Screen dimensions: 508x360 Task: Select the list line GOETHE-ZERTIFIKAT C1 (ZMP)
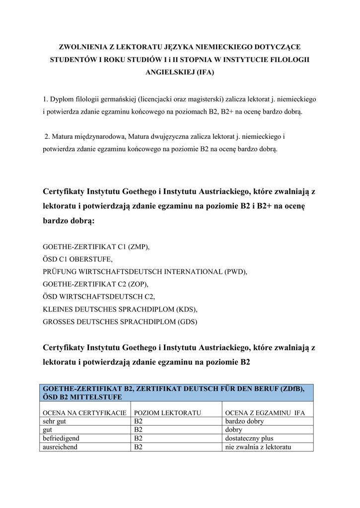96,247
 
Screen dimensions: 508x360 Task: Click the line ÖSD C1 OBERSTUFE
78,259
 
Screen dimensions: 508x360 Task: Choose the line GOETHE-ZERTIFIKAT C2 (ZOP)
96,284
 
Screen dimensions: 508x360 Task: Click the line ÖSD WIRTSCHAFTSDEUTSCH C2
99,297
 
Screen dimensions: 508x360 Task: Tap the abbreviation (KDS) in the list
187,309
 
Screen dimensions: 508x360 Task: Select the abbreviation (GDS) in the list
186,322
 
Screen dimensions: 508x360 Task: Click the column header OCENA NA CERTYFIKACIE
85,413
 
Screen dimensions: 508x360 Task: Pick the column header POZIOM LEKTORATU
167,413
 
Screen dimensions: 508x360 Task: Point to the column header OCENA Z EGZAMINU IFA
265,413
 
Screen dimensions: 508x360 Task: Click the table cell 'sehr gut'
55,421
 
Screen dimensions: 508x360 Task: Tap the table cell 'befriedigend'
62,439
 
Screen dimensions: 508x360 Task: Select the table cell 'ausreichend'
60,447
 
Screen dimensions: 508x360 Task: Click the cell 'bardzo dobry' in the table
245,421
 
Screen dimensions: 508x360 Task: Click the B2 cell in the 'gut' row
139,430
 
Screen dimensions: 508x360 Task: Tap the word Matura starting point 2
63,136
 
